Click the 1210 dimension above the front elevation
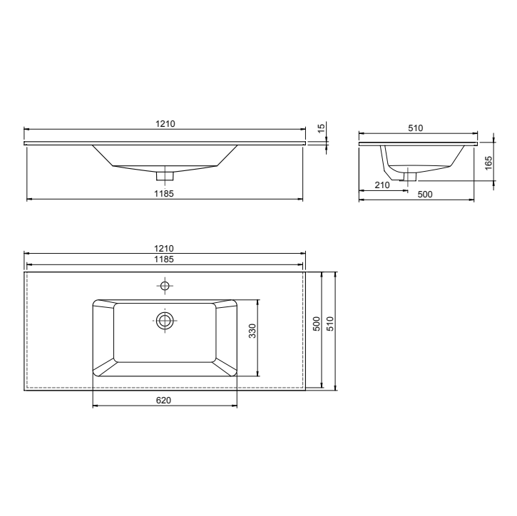coord(165,124)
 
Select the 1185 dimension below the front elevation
coord(165,193)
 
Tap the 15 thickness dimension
coord(322,128)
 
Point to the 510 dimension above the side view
coord(416,128)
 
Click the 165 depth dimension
coord(488,162)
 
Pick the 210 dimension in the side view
coord(382,185)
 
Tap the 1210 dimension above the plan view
coord(165,248)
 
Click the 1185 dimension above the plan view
coord(165,259)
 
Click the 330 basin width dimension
coord(252,331)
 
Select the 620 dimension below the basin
coord(163,401)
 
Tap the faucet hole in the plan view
coord(165,287)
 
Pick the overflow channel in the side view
coord(387,164)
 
